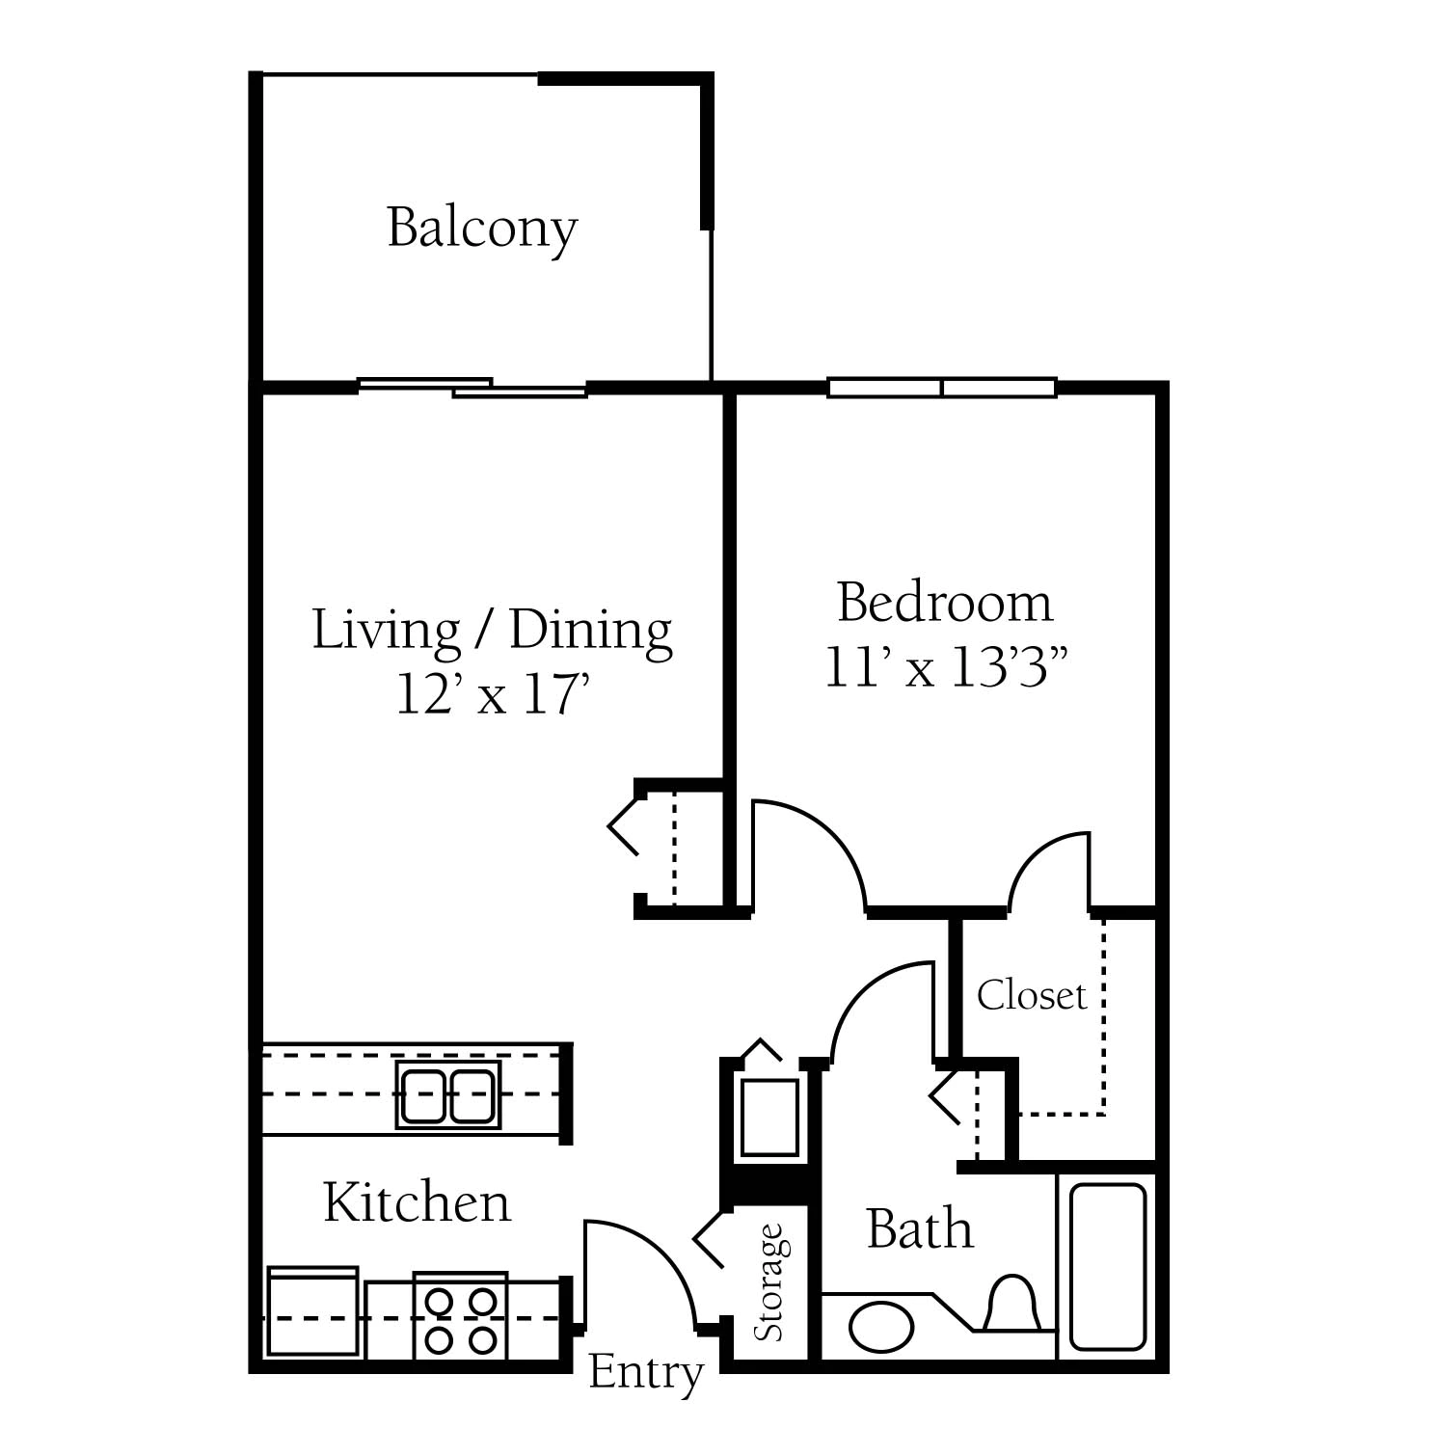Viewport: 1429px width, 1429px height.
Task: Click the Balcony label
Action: click(482, 229)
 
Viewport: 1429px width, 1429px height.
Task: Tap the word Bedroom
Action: click(945, 603)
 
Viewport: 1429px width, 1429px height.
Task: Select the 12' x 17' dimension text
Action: click(493, 694)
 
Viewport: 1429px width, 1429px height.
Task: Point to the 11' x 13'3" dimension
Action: click(946, 667)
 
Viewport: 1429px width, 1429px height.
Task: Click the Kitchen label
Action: click(417, 1202)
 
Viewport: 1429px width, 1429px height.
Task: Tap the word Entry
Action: click(646, 1373)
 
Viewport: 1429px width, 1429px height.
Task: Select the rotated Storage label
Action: click(769, 1281)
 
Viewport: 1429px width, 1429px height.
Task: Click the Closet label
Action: click(1032, 995)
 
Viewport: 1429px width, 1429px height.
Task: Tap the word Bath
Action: click(920, 1229)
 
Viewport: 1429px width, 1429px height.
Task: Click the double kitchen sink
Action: click(448, 1094)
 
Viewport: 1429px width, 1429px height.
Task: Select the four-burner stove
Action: click(461, 1316)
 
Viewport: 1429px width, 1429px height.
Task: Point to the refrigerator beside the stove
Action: click(313, 1312)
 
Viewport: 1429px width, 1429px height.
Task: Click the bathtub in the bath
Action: click(1107, 1266)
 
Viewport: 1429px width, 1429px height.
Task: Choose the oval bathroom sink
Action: click(880, 1328)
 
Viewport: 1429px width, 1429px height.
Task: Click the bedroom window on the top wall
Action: click(942, 388)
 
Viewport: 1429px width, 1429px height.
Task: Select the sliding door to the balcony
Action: click(472, 388)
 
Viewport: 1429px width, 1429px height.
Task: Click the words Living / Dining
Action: click(492, 632)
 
